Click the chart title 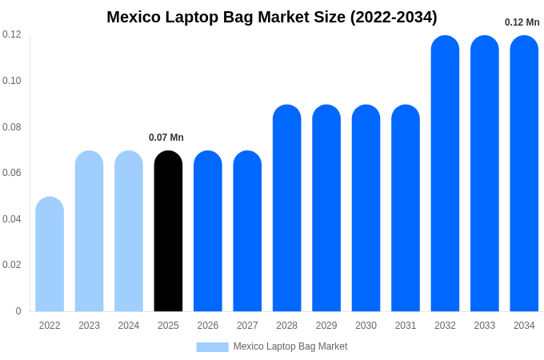click(272, 17)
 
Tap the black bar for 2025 click(168, 231)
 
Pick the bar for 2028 click(287, 208)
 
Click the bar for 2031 click(406, 208)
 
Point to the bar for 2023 click(89, 231)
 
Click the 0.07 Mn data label click(166, 138)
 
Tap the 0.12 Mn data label click(522, 22)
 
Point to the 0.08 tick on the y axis click(12, 126)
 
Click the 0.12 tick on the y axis click(12, 34)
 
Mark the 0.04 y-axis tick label click(12, 218)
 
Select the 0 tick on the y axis click(18, 311)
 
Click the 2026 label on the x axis click(208, 326)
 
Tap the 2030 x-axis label click(366, 326)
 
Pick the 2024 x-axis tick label click(129, 326)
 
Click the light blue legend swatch click(212, 347)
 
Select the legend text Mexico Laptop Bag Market click(290, 346)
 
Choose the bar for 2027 click(247, 231)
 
